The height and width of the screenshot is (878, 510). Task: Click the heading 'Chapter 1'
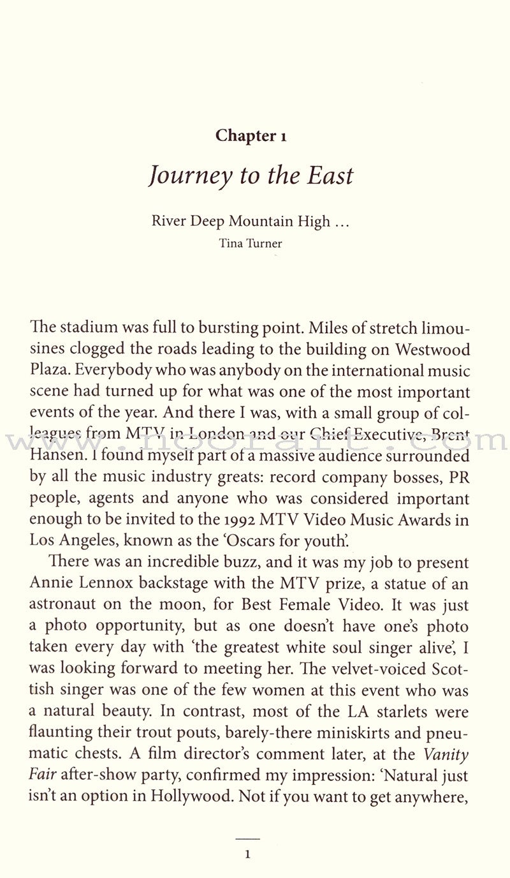(250, 136)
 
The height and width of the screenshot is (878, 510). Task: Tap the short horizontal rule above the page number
(249, 838)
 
